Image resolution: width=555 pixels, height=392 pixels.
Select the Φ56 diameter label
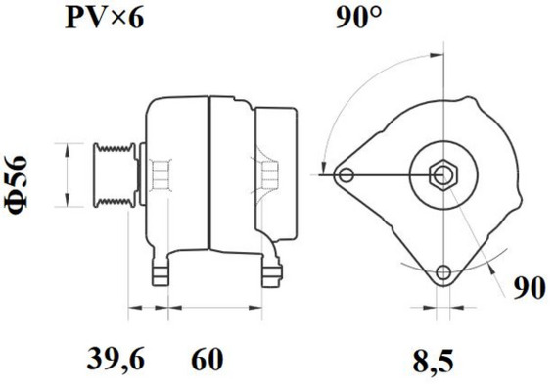[x=26, y=179]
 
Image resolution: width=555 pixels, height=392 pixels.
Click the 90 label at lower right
[x=530, y=288]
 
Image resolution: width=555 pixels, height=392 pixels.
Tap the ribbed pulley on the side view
[x=111, y=176]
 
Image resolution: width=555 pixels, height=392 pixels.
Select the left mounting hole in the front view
[x=344, y=176]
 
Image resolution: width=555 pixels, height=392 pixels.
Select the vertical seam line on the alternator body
[x=208, y=176]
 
